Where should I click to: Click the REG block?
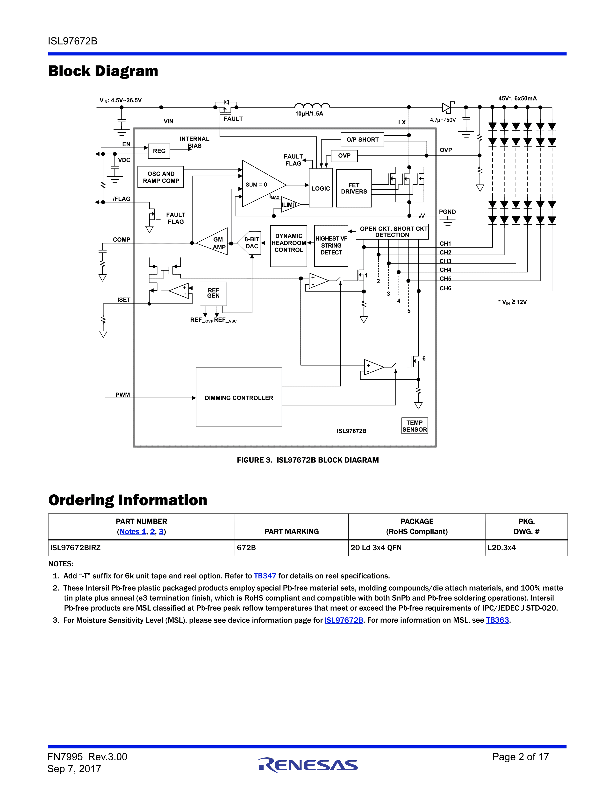pos(159,151)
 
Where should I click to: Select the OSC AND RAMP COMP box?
pos(161,177)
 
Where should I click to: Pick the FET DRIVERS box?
pos(354,188)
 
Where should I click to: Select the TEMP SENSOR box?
pos(415,426)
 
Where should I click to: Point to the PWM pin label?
pos(123,395)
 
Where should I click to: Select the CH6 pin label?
pos(445,288)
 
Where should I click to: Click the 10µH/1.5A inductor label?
pos(309,114)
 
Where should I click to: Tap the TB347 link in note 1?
pos(265,576)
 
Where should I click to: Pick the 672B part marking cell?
pos(246,548)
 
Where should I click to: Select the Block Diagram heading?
pos(103,71)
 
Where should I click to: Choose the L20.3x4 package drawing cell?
pos(501,548)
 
